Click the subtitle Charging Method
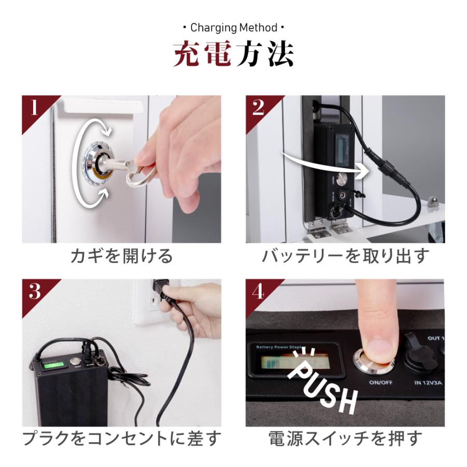(233, 28)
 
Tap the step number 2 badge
(258, 108)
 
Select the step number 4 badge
(258, 292)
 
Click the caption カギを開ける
(121, 256)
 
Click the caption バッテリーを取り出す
(345, 256)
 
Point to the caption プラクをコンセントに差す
(121, 439)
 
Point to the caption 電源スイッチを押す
(345, 439)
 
